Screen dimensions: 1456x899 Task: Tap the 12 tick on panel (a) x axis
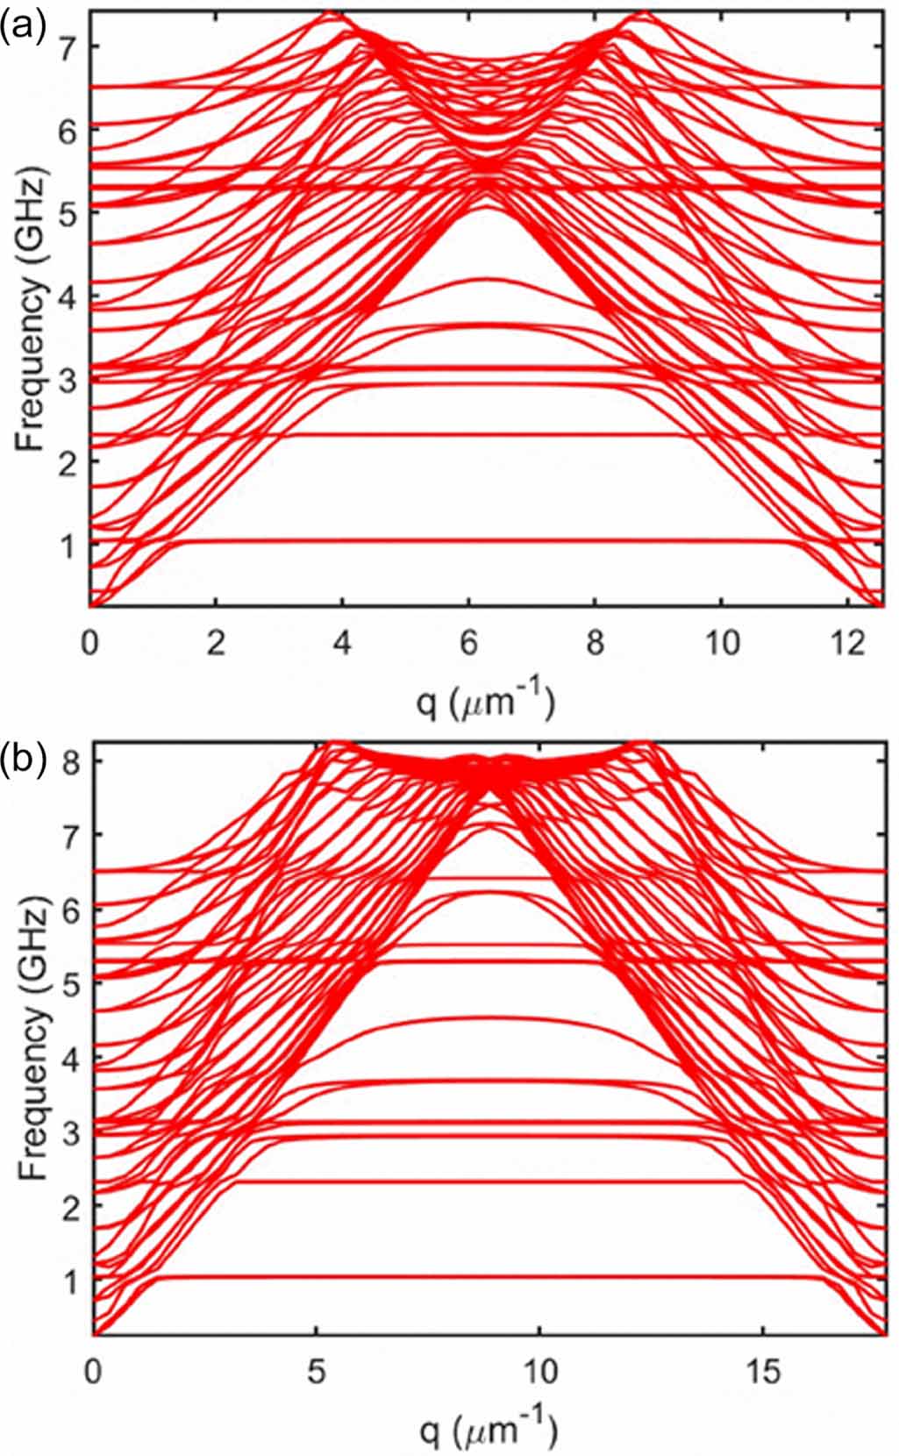847,645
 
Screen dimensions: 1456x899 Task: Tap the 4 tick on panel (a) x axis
342,645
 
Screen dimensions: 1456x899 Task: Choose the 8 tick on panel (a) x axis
595,645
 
